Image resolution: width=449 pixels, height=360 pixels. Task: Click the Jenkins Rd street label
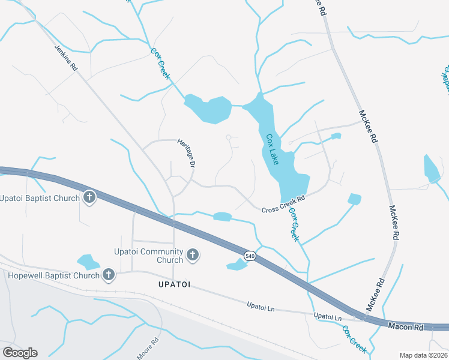[x=66, y=58]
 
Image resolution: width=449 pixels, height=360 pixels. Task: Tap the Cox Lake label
[x=273, y=149]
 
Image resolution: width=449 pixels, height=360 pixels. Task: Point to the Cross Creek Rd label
[x=283, y=203]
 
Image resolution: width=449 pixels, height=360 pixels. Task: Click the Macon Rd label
[x=406, y=328]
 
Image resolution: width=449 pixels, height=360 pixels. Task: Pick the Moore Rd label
[x=147, y=349]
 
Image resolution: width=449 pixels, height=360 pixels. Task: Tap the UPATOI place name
[x=174, y=284]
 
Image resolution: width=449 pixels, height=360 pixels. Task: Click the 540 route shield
[x=250, y=256]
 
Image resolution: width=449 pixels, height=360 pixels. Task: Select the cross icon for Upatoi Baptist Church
[x=89, y=197]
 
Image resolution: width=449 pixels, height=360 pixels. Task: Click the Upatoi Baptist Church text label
[x=40, y=198]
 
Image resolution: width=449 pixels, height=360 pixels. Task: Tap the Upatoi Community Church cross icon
[x=193, y=255]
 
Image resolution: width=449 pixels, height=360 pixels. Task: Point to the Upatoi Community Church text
[x=149, y=256]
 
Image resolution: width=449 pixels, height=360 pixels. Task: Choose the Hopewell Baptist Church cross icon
[x=109, y=275]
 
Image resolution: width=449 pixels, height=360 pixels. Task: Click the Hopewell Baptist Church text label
[x=53, y=275]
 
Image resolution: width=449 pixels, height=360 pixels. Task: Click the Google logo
[x=20, y=352]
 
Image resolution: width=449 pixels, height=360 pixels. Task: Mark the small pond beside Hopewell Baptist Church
[x=88, y=262]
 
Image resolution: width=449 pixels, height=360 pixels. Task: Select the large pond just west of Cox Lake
[x=208, y=108]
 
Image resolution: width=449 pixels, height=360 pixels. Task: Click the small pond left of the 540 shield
[x=236, y=266]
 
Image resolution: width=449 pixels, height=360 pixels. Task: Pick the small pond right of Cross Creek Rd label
[x=355, y=199]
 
